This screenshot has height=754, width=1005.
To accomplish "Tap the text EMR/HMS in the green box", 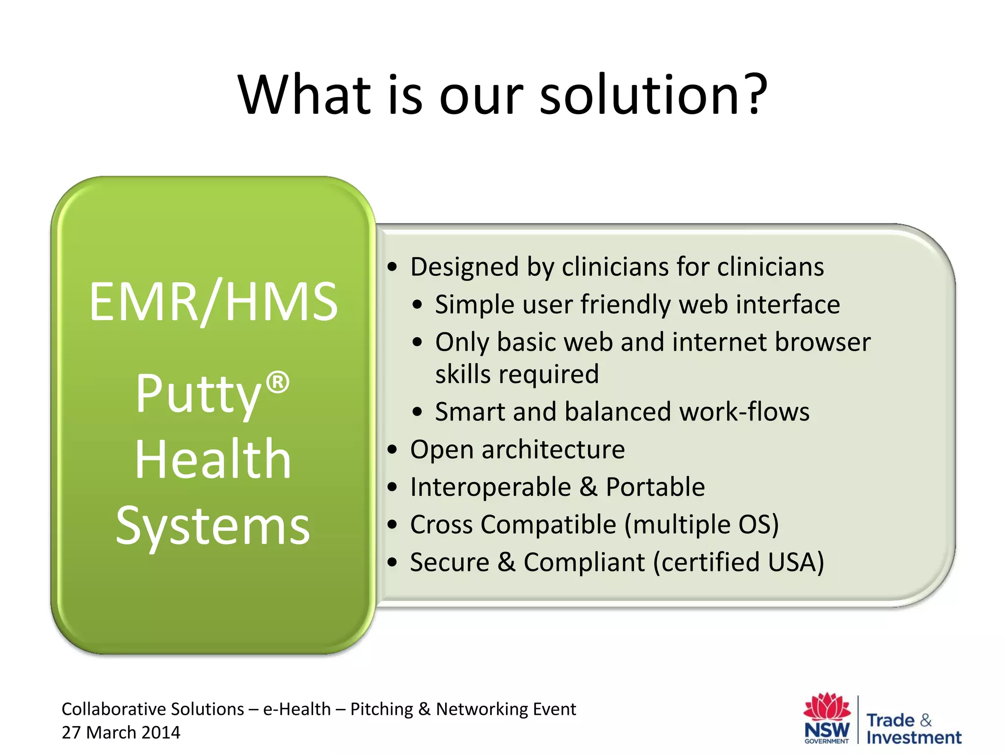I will pyautogui.click(x=213, y=302).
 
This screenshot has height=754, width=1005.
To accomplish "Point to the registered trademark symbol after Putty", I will pyautogui.click(x=278, y=382).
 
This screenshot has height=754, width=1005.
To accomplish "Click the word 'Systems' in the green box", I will pyautogui.click(x=213, y=526).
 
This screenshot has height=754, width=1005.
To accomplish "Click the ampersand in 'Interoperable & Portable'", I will pyautogui.click(x=588, y=487).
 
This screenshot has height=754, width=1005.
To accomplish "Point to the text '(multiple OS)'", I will pyautogui.click(x=702, y=524).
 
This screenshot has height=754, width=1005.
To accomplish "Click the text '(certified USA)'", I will pyautogui.click(x=739, y=562).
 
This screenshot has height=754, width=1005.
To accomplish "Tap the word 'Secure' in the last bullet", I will pyautogui.click(x=450, y=562).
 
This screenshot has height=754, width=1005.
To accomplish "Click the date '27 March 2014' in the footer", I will pyautogui.click(x=121, y=732).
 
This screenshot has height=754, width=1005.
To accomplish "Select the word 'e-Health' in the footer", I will pyautogui.click(x=297, y=709).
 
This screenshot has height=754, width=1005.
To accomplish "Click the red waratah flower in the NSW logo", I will pyautogui.click(x=827, y=707).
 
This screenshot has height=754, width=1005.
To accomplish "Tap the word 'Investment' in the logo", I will pyautogui.click(x=914, y=737).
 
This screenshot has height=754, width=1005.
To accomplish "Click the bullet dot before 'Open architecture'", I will pyautogui.click(x=392, y=450).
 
